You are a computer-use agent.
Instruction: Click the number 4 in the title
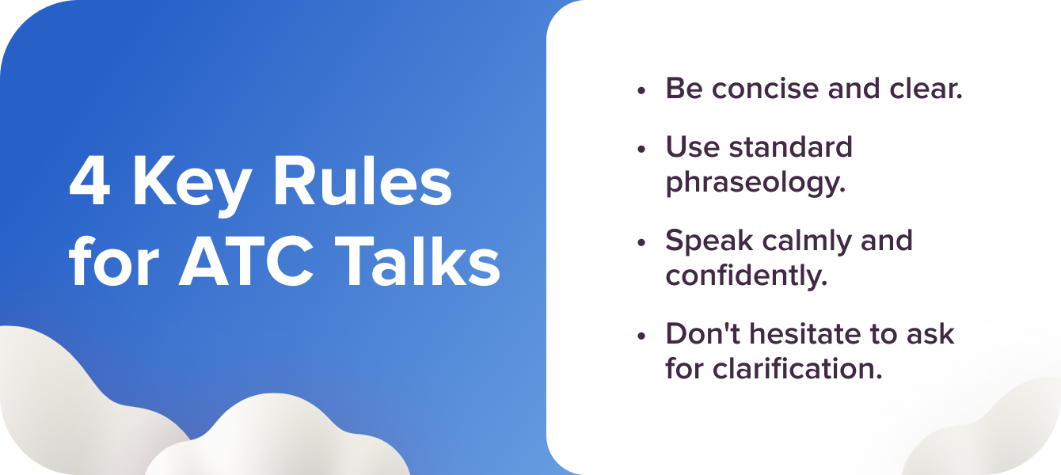click(x=89, y=184)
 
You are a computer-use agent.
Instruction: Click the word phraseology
click(x=755, y=182)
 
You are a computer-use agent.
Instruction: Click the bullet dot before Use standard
click(x=641, y=149)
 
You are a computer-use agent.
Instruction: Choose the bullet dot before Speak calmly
click(x=641, y=242)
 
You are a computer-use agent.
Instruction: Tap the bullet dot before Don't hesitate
click(x=641, y=336)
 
